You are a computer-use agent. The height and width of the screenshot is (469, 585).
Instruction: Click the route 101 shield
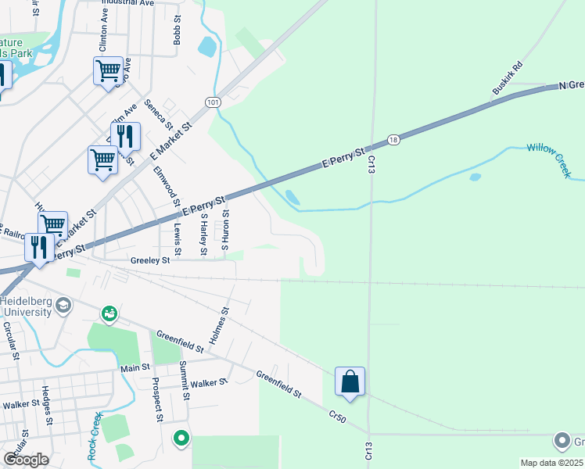213,102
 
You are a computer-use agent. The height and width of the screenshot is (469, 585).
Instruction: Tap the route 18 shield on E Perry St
392,140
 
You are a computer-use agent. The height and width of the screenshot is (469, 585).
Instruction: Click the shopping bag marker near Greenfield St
350,382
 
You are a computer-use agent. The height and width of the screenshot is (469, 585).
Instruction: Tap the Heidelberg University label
26,306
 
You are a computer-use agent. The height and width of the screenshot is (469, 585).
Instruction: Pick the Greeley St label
150,260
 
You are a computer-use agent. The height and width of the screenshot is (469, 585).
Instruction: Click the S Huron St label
224,230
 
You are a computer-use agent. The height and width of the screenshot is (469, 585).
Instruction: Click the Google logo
26,460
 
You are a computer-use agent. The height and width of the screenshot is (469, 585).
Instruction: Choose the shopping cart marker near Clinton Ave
108,71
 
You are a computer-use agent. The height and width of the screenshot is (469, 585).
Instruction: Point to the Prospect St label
157,399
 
